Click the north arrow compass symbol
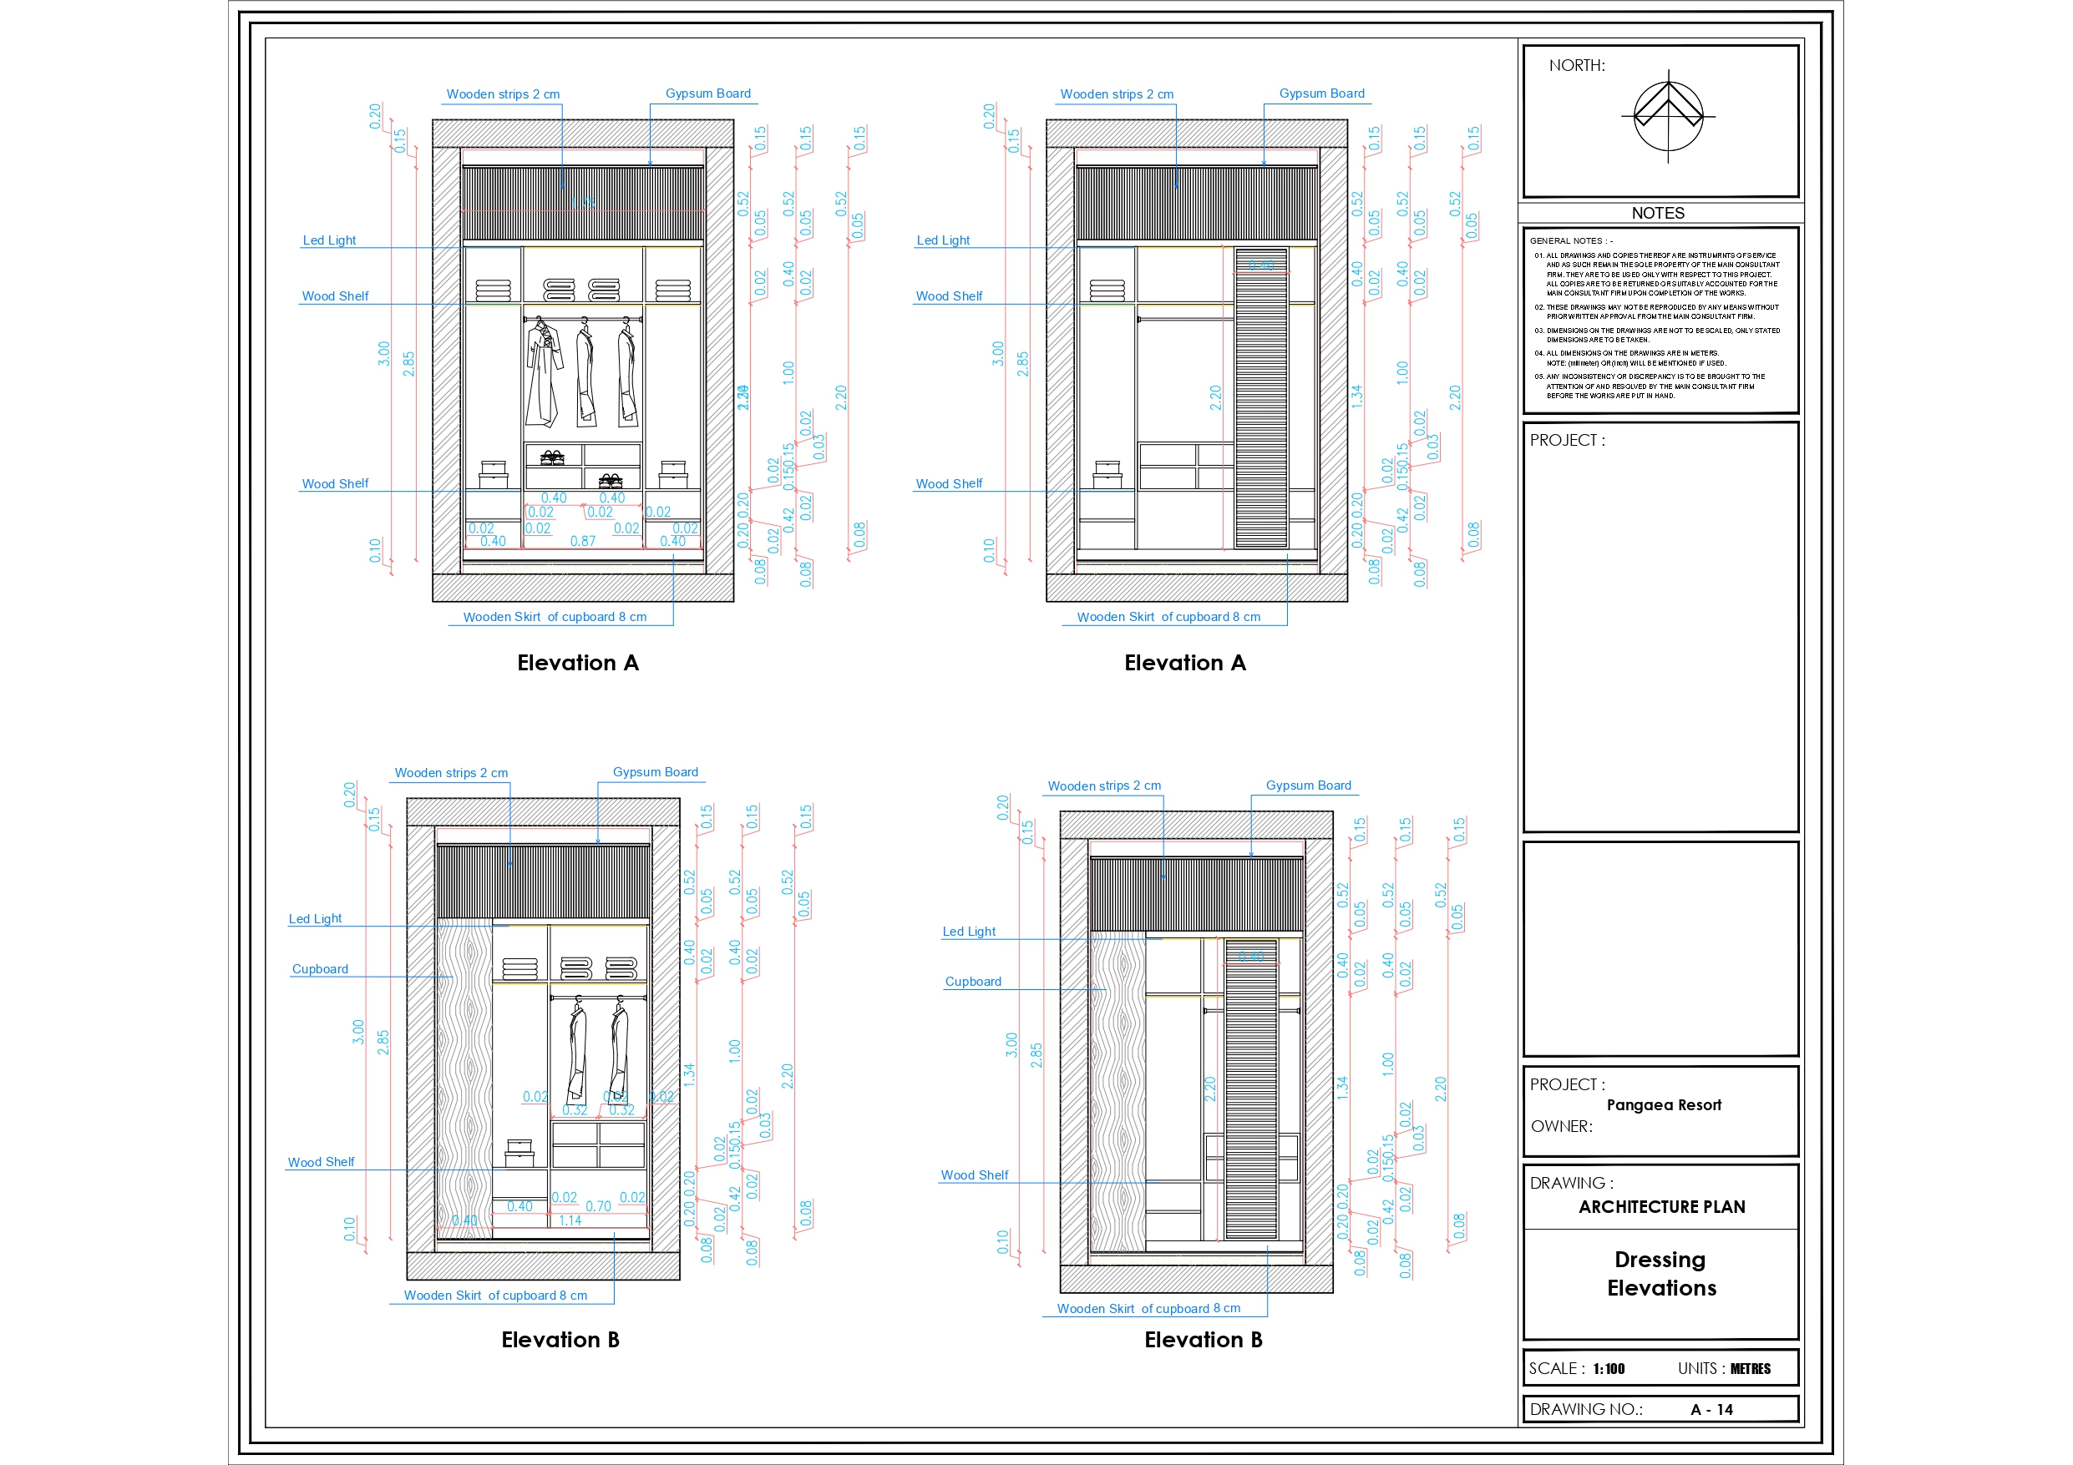tap(1668, 116)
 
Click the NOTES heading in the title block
tap(1658, 213)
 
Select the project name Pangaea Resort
tap(1663, 1105)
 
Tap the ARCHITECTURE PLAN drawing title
tap(1661, 1207)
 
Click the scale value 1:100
tap(1608, 1368)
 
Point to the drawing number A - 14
tap(1711, 1409)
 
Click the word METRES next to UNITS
tap(1750, 1368)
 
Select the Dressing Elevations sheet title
tap(1661, 1273)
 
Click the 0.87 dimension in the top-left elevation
tap(582, 542)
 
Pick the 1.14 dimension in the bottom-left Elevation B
tap(570, 1220)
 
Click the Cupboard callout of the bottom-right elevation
tap(972, 981)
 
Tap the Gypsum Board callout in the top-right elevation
tap(1321, 93)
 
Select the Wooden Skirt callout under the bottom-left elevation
tap(494, 1296)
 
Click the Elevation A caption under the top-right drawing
tap(1184, 663)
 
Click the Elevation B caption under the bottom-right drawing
tap(1203, 1340)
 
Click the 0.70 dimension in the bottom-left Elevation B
tap(598, 1206)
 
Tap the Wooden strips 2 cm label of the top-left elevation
tap(503, 93)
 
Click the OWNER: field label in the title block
tap(1561, 1125)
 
